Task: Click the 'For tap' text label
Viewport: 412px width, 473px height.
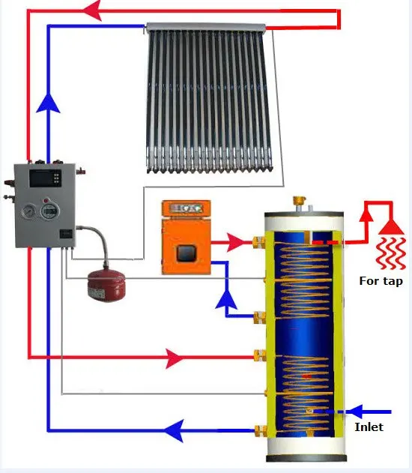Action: [x=381, y=281]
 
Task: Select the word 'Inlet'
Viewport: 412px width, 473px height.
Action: [x=369, y=427]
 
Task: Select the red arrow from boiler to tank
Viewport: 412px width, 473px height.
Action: [x=235, y=241]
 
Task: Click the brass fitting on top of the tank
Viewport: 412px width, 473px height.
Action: [x=302, y=203]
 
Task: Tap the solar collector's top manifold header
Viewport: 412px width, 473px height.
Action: [x=206, y=28]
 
